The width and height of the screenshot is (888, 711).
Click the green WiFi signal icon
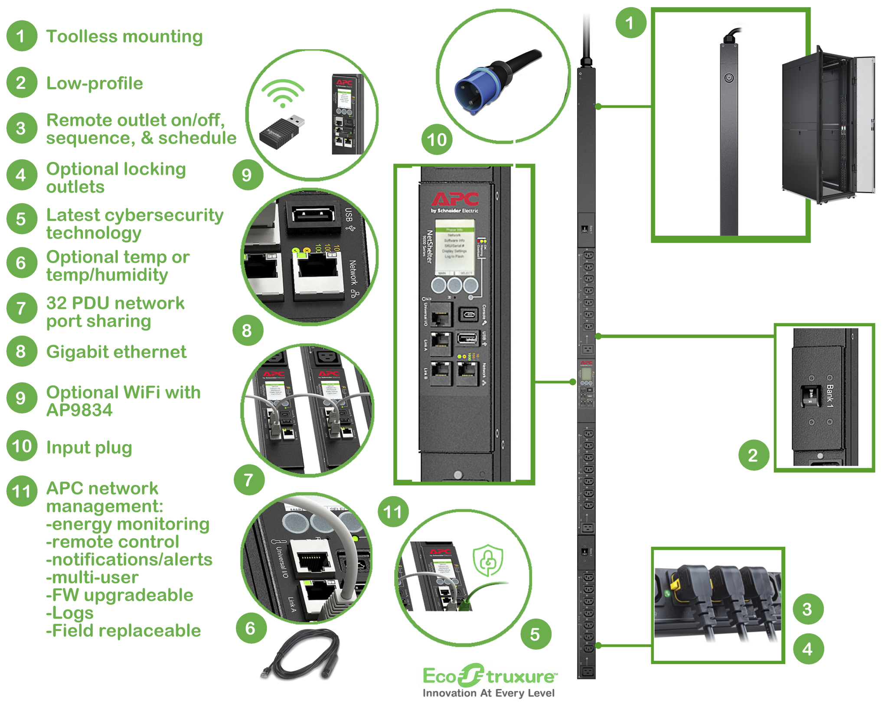point(283,93)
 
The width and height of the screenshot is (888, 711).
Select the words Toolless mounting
point(124,36)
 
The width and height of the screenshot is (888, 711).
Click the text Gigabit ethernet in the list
point(116,352)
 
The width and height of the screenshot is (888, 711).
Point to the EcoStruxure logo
point(490,676)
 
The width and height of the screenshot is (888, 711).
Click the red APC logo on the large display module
point(455,199)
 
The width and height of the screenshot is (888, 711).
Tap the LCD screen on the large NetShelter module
point(454,245)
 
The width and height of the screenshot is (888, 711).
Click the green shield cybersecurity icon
point(488,560)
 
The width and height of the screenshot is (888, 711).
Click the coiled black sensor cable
point(304,655)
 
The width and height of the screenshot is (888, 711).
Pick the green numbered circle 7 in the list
point(21,309)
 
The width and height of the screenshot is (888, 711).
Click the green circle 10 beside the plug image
point(437,140)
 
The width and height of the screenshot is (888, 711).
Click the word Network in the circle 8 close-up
point(353,273)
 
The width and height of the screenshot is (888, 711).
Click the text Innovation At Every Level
point(488,693)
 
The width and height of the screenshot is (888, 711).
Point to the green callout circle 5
point(535,634)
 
